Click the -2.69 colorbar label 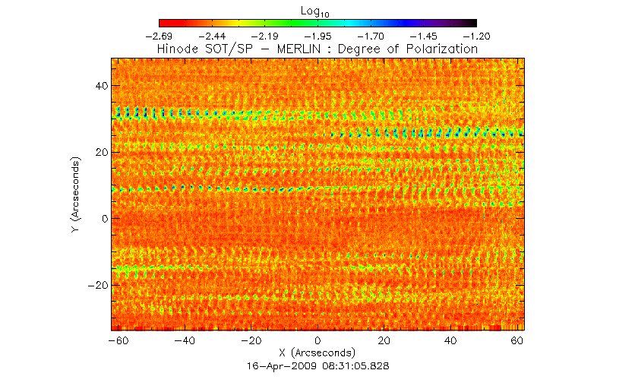click(158, 36)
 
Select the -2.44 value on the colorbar click(211, 36)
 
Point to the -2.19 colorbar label click(264, 36)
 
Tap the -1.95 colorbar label click(317, 36)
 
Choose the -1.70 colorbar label click(371, 36)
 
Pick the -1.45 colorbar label click(424, 36)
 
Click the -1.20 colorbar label click(476, 36)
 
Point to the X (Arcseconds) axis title click(317, 353)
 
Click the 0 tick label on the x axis click(318, 341)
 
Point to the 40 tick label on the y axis click(98, 86)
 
